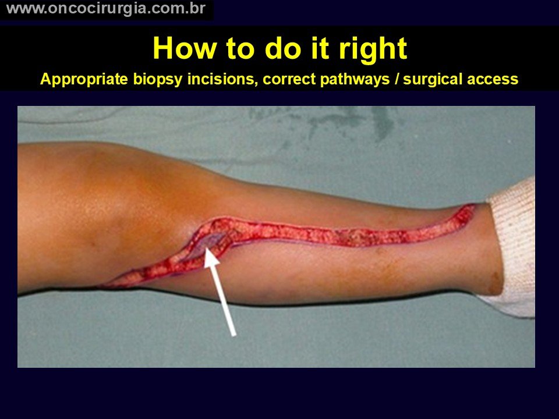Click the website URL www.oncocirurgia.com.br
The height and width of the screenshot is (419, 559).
tap(106, 9)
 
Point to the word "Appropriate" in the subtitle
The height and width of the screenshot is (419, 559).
tap(84, 79)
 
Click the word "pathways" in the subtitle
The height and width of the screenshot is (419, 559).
tap(355, 80)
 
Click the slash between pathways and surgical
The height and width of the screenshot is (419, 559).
tap(397, 79)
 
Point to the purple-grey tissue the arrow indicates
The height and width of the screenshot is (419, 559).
tap(210, 240)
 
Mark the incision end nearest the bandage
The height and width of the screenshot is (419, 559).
tap(473, 206)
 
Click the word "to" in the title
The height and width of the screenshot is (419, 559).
tap(241, 49)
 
